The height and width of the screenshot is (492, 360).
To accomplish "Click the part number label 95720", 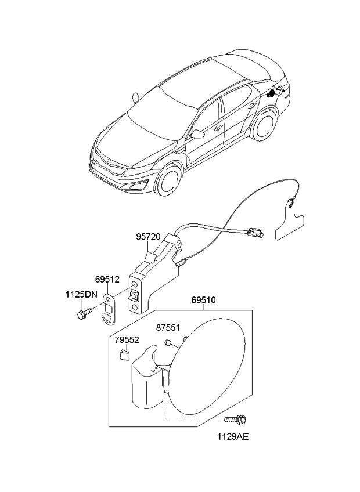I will (x=149, y=237).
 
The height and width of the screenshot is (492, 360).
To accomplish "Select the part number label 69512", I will (x=107, y=280).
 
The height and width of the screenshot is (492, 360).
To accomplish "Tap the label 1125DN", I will (x=81, y=295).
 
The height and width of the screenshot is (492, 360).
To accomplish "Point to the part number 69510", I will (x=203, y=301).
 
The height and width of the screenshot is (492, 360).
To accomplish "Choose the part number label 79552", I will (x=127, y=339).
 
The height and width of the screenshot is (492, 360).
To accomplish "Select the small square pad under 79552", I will (x=124, y=354).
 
